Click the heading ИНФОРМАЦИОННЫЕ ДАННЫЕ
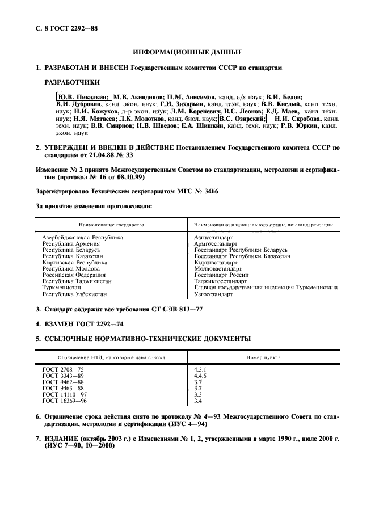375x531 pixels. (187, 53)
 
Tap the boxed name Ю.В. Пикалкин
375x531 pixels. (83, 97)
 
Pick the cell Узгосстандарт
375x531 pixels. (213, 294)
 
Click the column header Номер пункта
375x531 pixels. (263, 358)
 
